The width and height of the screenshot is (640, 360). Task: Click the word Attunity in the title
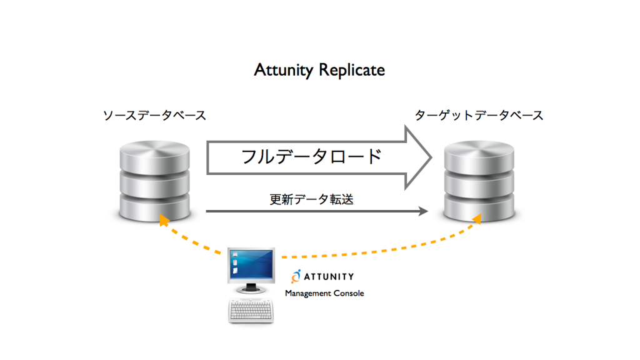(x=284, y=70)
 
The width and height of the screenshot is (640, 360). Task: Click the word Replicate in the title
(x=352, y=70)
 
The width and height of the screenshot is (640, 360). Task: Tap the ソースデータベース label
(x=155, y=116)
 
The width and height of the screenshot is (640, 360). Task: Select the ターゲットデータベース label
(x=479, y=116)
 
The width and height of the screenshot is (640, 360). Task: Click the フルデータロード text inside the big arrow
(x=311, y=157)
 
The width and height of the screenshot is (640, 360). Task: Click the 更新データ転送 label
(x=311, y=199)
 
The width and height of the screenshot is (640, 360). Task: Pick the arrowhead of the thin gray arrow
(x=423, y=211)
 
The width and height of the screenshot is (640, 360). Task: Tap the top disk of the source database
(x=155, y=156)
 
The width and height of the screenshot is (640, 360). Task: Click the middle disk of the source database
(x=155, y=184)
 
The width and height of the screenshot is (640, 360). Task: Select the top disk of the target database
(x=479, y=156)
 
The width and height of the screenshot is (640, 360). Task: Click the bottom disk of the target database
(x=479, y=207)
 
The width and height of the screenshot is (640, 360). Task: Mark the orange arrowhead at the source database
(x=163, y=220)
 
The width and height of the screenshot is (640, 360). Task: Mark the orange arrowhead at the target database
(x=477, y=219)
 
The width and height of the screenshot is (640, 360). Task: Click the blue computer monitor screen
(x=251, y=264)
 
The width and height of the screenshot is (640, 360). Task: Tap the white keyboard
(x=251, y=311)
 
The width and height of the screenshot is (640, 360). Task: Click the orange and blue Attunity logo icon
(x=296, y=276)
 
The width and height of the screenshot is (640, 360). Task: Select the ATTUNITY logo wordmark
(x=329, y=277)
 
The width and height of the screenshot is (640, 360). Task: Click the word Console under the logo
(x=349, y=293)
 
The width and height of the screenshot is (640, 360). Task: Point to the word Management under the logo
(x=308, y=294)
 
